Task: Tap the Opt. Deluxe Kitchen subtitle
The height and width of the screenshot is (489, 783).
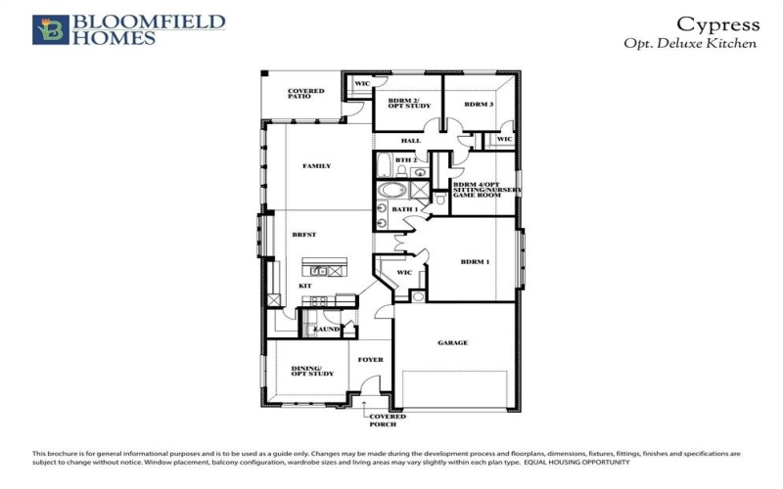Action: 690,44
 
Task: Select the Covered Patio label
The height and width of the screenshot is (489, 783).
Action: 305,95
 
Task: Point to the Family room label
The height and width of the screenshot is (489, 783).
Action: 316,166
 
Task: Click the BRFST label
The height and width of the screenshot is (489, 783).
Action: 302,236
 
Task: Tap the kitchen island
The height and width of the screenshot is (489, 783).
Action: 324,269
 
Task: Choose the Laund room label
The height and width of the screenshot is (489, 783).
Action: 326,330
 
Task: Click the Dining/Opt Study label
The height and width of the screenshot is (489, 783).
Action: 312,371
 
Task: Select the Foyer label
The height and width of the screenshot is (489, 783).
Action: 370,360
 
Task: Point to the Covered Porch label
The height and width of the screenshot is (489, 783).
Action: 387,421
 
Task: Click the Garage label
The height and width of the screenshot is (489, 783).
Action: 453,343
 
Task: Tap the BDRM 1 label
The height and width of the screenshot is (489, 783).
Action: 475,261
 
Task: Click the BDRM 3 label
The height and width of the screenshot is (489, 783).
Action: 478,105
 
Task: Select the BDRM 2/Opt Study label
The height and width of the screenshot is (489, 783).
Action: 404,105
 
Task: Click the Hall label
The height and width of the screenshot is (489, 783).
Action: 410,141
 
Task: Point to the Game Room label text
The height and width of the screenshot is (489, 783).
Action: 476,196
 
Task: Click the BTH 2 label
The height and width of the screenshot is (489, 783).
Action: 406,159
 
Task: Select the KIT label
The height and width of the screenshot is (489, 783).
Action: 304,285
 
